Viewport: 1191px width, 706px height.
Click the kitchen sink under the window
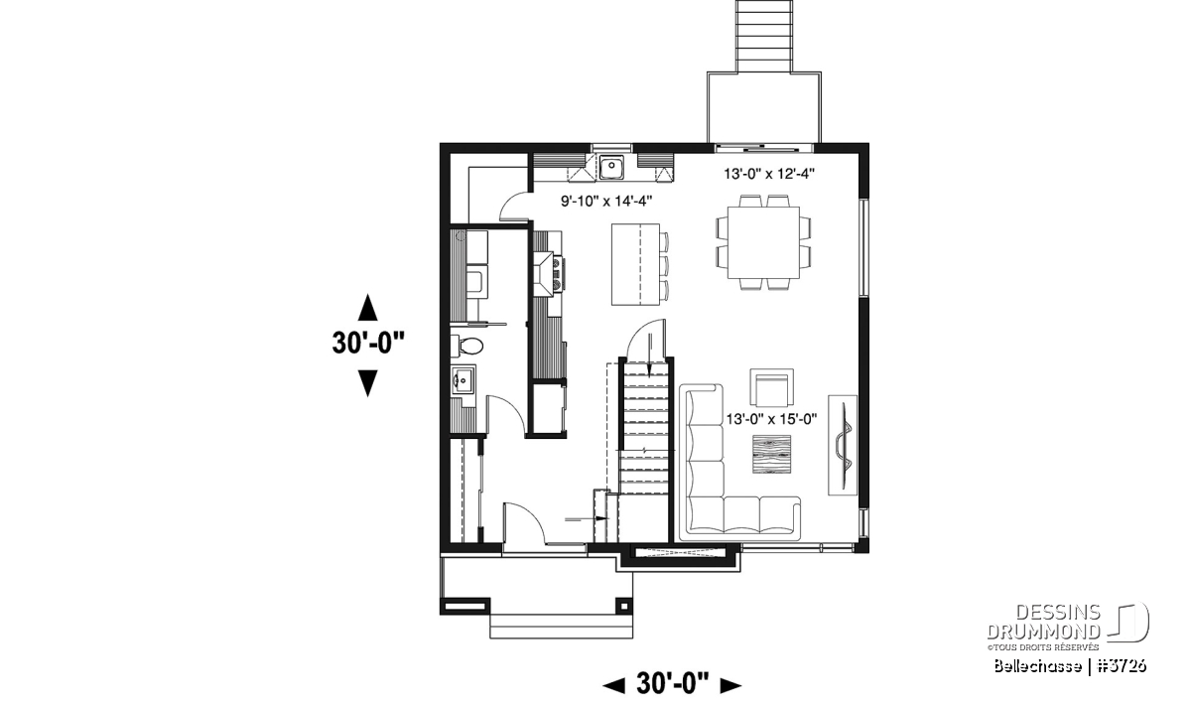[x=612, y=167]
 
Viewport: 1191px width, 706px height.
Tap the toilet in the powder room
[x=466, y=347]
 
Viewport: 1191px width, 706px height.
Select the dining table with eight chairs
[x=763, y=242]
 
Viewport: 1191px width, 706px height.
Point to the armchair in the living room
[x=771, y=388]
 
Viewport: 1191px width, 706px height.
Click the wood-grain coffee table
[x=771, y=454]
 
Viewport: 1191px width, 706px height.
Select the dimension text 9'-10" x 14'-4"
[x=606, y=202]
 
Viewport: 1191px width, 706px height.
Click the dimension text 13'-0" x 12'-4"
[x=769, y=174]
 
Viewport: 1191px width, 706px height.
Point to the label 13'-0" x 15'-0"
[x=771, y=419]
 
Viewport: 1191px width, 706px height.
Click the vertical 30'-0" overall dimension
[x=368, y=343]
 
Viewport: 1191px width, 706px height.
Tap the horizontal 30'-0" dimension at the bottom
[x=672, y=684]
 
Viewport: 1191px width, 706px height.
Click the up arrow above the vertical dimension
[x=367, y=308]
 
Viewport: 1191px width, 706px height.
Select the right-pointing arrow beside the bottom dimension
[x=730, y=685]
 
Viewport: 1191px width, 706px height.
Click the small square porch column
[x=624, y=606]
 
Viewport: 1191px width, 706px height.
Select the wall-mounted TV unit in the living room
[x=843, y=445]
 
